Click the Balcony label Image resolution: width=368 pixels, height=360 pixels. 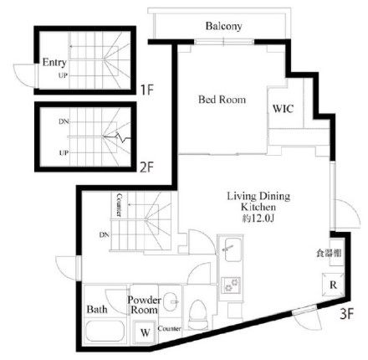223,26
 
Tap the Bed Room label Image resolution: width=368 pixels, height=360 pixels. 222,100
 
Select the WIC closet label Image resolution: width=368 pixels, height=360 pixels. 283,108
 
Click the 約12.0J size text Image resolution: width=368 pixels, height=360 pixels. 258,219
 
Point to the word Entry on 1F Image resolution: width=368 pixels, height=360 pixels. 54,62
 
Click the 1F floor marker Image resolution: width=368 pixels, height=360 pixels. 146,90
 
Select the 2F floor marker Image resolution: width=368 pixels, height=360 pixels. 146,167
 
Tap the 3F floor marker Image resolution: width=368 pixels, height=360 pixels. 346,315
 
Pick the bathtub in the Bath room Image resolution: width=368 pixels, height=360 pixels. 105,332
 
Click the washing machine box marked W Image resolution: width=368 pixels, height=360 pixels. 145,332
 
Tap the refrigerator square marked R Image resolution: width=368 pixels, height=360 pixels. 333,285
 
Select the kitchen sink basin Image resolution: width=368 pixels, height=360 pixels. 233,249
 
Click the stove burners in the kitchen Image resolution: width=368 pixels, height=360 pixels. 231,285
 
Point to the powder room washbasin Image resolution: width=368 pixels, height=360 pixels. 171,301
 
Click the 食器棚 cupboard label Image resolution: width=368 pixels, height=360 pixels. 329,253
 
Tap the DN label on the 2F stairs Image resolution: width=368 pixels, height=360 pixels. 64,121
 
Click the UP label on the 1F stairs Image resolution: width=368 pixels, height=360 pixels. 63,75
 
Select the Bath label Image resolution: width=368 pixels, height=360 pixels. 97,309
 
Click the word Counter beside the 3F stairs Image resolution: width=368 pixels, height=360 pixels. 119,205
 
